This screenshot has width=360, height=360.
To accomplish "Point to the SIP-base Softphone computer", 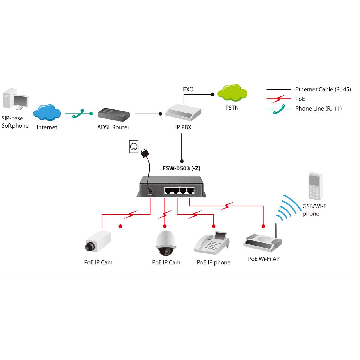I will tap(16, 99).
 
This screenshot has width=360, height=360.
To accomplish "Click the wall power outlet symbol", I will tap(134, 147).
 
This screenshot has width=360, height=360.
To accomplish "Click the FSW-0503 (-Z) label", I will tap(181, 168).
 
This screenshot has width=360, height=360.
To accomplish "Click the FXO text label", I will tap(188, 89).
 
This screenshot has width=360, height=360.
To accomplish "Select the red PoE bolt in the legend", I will tap(279, 99).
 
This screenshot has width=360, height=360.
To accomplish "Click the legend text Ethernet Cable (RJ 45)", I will tap(323, 89).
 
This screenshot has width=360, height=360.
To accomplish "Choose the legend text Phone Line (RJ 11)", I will tap(318, 109).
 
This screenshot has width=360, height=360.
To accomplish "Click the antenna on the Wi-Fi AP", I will tap(276, 231).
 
